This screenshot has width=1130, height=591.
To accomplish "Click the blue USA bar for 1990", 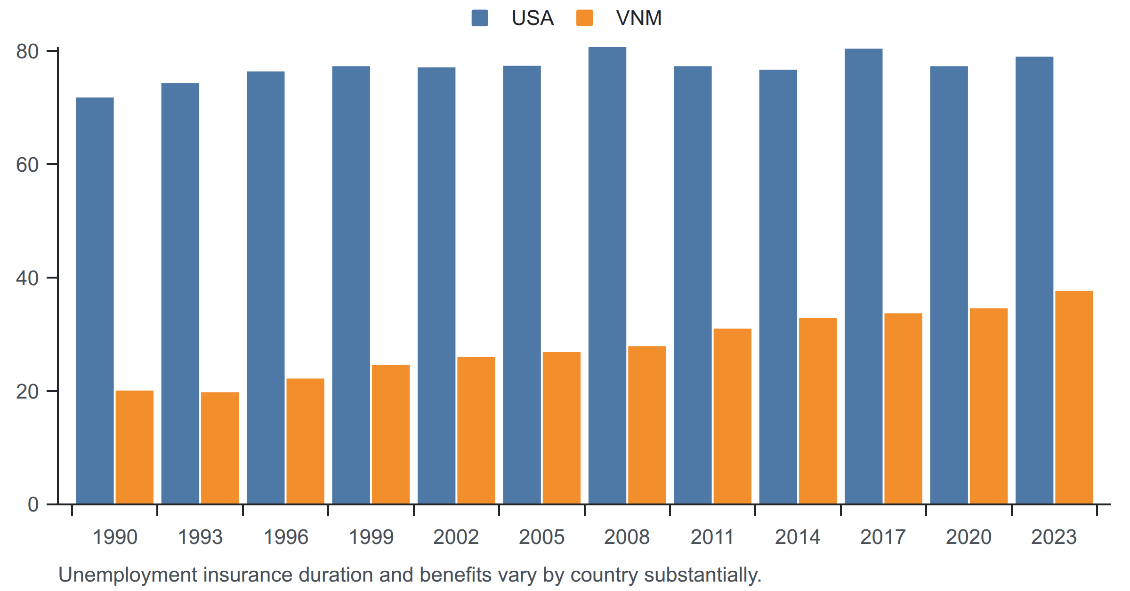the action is coord(95,301).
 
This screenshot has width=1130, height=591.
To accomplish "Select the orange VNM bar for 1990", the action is coord(135,447).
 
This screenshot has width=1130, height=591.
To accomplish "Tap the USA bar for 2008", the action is coord(607,275).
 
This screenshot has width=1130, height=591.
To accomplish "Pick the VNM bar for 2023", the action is coord(1074,398).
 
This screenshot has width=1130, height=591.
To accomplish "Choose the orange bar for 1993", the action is coord(220,448).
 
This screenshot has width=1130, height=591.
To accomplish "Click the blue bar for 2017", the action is coord(864,276).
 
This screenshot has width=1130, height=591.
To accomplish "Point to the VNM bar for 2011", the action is coord(733,416).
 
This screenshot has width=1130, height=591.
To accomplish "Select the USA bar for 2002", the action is coord(436,286).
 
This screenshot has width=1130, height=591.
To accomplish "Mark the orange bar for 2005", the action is coord(562,428).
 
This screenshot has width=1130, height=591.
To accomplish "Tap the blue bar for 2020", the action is coord(949,285).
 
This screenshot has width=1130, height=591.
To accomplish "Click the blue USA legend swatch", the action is coord(480,18).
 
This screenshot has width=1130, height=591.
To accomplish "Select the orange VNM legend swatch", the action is coord(585,18).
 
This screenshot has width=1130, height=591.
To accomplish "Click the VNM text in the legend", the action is coord(639,18).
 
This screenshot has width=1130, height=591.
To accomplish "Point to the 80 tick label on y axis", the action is coord(27,51).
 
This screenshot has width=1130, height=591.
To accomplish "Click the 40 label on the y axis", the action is coord(27,278).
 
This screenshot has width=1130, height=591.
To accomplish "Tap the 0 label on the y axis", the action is coord(33,504).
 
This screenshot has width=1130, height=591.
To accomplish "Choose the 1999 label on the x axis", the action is coord(371,537).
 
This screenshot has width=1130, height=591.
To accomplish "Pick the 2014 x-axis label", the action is coord(798,537).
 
